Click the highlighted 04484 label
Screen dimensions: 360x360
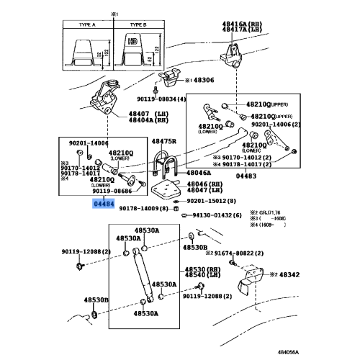point(101,204)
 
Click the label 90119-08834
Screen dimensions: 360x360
point(159,99)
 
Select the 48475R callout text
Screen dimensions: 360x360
point(164,142)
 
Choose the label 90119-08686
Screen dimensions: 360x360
point(112,192)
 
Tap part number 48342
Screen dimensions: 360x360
point(289,274)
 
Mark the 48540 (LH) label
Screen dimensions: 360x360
point(194,274)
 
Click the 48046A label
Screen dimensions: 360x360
point(198,173)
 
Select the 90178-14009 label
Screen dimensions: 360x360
point(143,208)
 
